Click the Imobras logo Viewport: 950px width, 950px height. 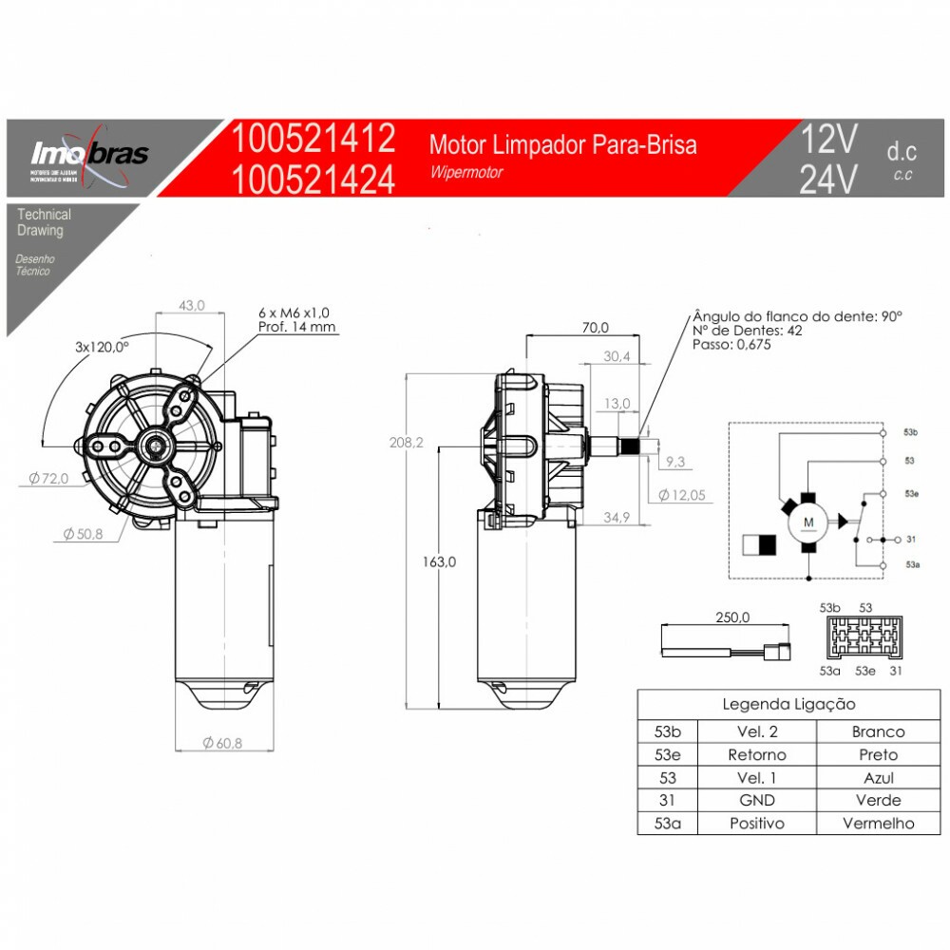click(x=90, y=154)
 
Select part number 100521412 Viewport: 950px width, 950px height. click(x=313, y=139)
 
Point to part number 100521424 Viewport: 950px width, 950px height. click(x=313, y=179)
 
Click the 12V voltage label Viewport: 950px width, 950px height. click(x=828, y=140)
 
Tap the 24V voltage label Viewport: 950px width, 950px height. click(x=828, y=179)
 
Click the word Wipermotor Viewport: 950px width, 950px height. click(x=465, y=173)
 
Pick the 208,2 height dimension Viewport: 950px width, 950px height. click(x=404, y=443)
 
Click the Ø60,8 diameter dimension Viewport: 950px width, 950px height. click(x=222, y=743)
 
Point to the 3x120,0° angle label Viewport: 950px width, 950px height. click(x=102, y=348)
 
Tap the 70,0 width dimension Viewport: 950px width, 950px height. click(x=595, y=328)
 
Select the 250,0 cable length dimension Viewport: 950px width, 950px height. click(x=732, y=617)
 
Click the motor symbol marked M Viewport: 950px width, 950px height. click(x=809, y=522)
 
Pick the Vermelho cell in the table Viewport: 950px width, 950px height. click(x=878, y=824)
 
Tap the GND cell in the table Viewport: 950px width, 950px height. click(x=756, y=801)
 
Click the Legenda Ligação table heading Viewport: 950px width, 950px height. click(x=788, y=704)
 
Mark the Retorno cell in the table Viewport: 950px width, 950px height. click(x=756, y=755)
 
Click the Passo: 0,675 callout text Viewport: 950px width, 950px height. click(x=731, y=345)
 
